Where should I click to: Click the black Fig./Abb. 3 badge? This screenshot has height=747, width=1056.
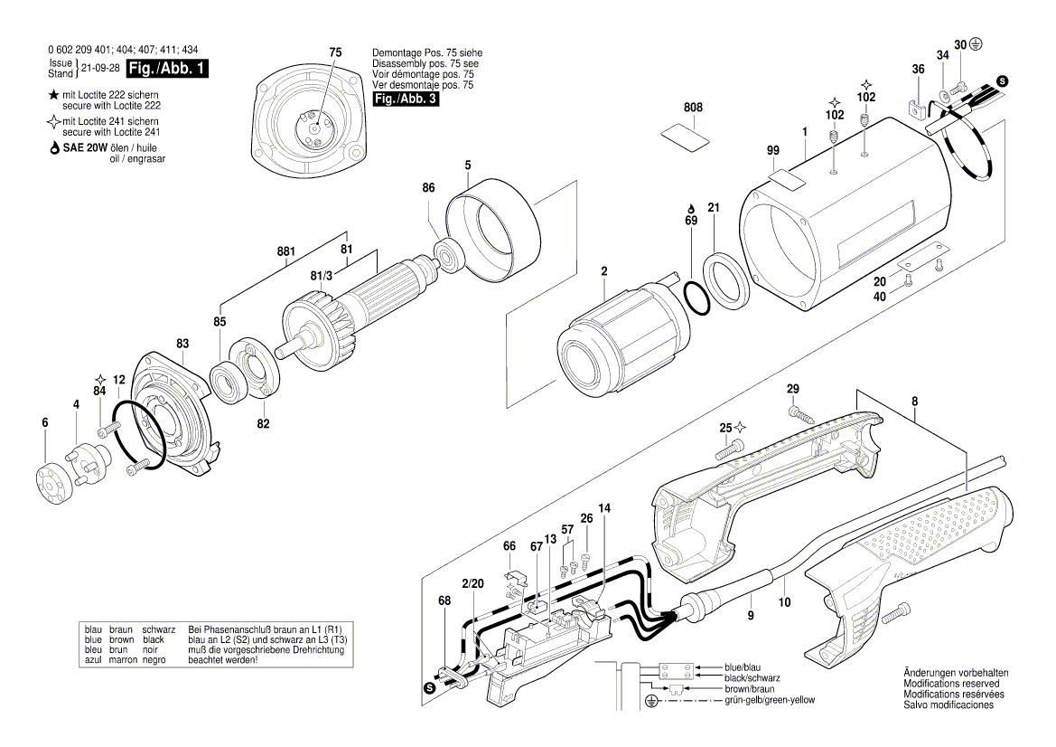406,99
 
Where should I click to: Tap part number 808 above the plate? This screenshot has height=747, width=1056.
693,108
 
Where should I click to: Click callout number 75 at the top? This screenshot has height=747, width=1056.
335,53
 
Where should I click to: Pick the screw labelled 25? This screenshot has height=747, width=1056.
729,447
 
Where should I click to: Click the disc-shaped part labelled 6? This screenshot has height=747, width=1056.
51,478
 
